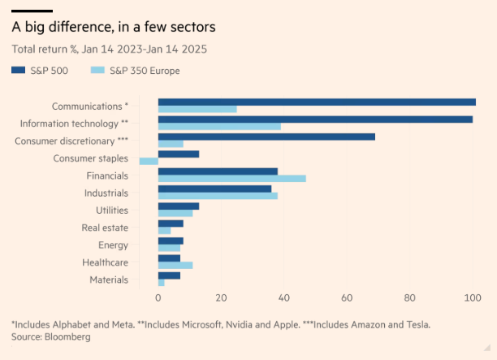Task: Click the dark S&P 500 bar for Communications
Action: pyautogui.click(x=317, y=102)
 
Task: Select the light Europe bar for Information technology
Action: pyautogui.click(x=219, y=126)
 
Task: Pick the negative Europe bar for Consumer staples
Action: pyautogui.click(x=149, y=161)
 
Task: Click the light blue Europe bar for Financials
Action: pyautogui.click(x=231, y=178)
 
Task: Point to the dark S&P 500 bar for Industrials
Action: pyautogui.click(x=214, y=189)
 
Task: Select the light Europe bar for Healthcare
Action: pyautogui.click(x=175, y=265)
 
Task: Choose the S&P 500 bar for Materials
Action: pyautogui.click(x=169, y=275)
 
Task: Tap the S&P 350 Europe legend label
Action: pyautogui.click(x=145, y=71)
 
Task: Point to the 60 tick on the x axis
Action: pyautogui.click(x=347, y=297)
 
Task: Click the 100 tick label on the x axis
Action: pyautogui.click(x=473, y=297)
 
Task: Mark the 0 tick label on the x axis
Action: pyautogui.click(x=158, y=297)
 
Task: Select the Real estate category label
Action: pyautogui.click(x=105, y=228)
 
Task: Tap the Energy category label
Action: pyautogui.click(x=113, y=245)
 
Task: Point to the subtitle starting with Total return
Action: pyautogui.click(x=109, y=49)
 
